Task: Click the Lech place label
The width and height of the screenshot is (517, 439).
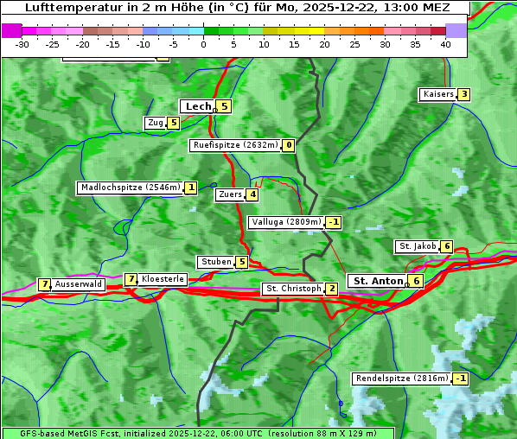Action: [x=197, y=106]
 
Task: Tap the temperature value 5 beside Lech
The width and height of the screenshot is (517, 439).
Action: [x=224, y=106]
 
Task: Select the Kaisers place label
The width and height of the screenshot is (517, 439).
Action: [x=437, y=94]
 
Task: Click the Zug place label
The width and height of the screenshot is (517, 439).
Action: [x=156, y=123]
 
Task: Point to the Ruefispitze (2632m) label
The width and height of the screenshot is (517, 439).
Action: [x=236, y=145]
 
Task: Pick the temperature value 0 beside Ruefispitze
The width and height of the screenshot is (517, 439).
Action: [x=289, y=145]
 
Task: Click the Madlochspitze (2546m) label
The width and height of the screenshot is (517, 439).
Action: [x=130, y=188]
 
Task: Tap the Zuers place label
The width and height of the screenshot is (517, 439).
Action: [x=230, y=194]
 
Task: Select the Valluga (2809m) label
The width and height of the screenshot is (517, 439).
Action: [x=286, y=222]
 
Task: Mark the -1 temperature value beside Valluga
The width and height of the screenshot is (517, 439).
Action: [x=333, y=222]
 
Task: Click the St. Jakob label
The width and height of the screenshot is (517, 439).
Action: [x=417, y=246]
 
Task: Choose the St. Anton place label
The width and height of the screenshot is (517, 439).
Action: [x=378, y=281]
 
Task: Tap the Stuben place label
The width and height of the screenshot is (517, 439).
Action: [x=215, y=262]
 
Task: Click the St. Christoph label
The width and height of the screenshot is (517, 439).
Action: [x=293, y=289]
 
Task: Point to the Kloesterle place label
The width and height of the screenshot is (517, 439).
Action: [x=163, y=279]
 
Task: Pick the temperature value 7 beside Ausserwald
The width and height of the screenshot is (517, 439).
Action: [x=44, y=284]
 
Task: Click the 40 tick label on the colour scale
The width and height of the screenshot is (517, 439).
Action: [x=445, y=44]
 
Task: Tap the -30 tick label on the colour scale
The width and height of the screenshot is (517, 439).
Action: [x=22, y=44]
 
